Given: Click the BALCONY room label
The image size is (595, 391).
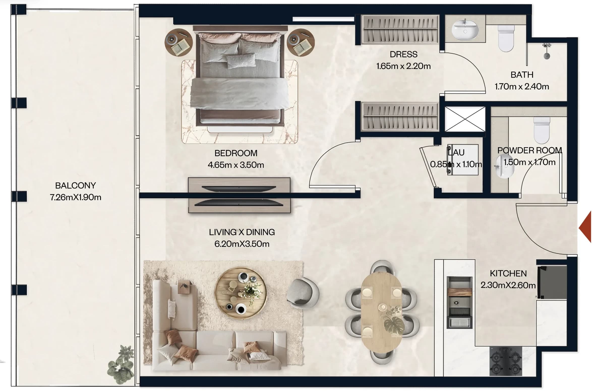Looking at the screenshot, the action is coord(75,186).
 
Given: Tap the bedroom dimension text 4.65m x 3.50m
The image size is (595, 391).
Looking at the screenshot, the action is coord(236,165).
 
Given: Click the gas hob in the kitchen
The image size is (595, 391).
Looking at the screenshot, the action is coord(506,361).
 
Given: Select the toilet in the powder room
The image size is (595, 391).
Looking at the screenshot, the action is coord(542,130).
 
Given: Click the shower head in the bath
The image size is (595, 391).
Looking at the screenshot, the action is coord(547,51).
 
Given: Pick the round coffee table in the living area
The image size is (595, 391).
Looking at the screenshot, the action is coord(240,293).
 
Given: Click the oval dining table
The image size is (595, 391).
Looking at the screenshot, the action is coord(381,312).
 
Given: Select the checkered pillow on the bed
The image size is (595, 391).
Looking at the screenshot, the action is coord(241,61).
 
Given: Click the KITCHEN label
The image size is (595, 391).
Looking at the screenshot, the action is coord(508,273).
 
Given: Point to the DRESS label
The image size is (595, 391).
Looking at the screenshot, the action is coord(403,54).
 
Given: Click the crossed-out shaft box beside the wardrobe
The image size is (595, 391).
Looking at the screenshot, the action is coord(465,119).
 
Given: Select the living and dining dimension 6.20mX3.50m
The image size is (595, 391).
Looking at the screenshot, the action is coord(242,244).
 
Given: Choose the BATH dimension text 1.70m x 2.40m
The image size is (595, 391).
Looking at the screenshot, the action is coord(522,86).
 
